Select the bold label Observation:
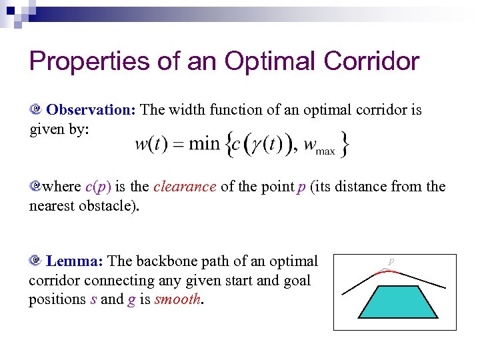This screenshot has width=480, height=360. pos(91,109)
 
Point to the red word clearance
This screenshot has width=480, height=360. pos(185,187)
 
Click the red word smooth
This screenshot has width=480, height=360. pos(178,299)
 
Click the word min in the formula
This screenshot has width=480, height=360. pos(203,144)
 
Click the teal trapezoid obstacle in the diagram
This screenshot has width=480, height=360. pos(394,301)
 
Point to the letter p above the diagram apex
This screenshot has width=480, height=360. pos(392,261)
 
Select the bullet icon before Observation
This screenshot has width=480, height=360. pos(35,109)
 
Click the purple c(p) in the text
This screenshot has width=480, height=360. pos(99,187)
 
